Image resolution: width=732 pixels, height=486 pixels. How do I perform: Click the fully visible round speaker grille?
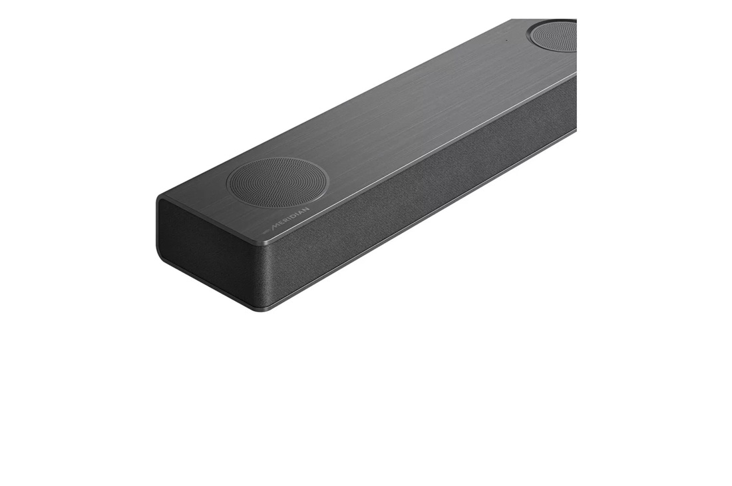click(x=277, y=181)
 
